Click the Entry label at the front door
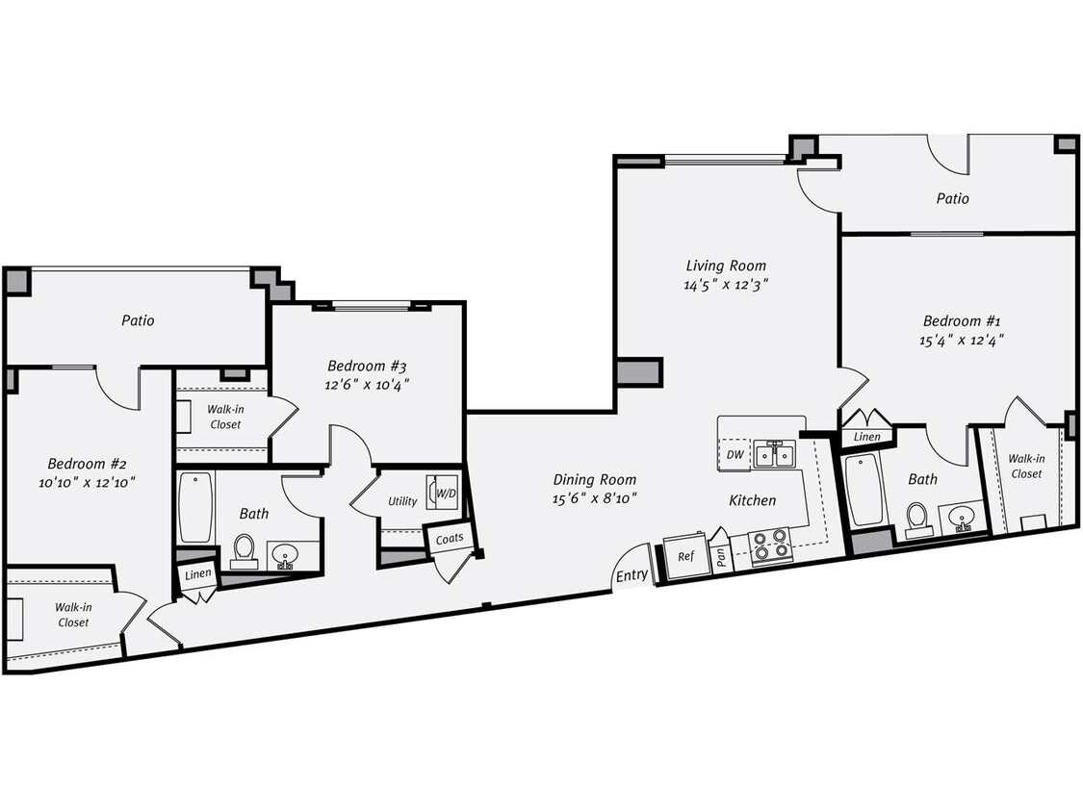(x=632, y=575)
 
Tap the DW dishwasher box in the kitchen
(x=735, y=454)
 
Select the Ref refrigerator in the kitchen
(x=685, y=557)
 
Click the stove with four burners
(x=770, y=546)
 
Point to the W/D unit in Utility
(x=445, y=493)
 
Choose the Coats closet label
(x=450, y=539)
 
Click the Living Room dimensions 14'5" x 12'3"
(x=726, y=284)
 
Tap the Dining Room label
(x=594, y=479)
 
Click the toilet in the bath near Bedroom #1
(x=916, y=518)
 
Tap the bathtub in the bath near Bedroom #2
(x=195, y=506)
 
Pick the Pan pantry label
(x=722, y=557)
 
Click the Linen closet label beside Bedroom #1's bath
(x=867, y=437)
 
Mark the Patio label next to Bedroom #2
(x=138, y=320)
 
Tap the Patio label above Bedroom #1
(x=952, y=198)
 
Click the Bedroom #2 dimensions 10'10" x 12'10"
(x=80, y=482)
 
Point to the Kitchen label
(x=752, y=500)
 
